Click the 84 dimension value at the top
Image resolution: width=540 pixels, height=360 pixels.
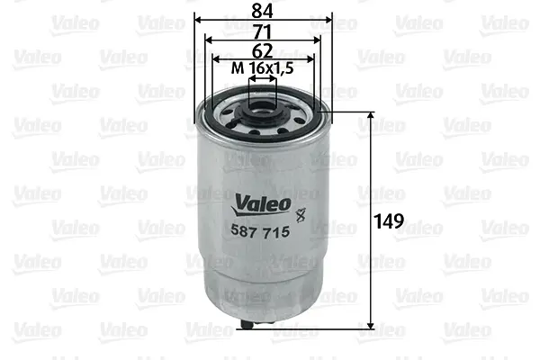tap(264, 10)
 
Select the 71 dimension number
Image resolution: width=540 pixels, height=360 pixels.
tap(264, 31)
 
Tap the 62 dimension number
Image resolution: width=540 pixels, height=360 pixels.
tap(264, 50)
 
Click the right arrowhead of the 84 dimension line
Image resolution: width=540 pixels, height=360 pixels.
tap(328, 19)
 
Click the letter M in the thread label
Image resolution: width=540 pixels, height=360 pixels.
tap(237, 68)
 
